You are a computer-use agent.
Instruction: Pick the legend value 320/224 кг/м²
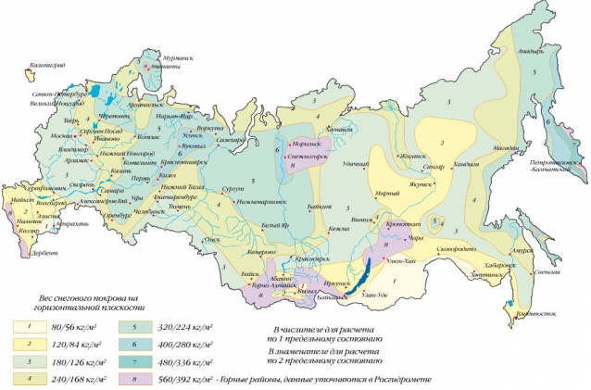click(182, 327)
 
